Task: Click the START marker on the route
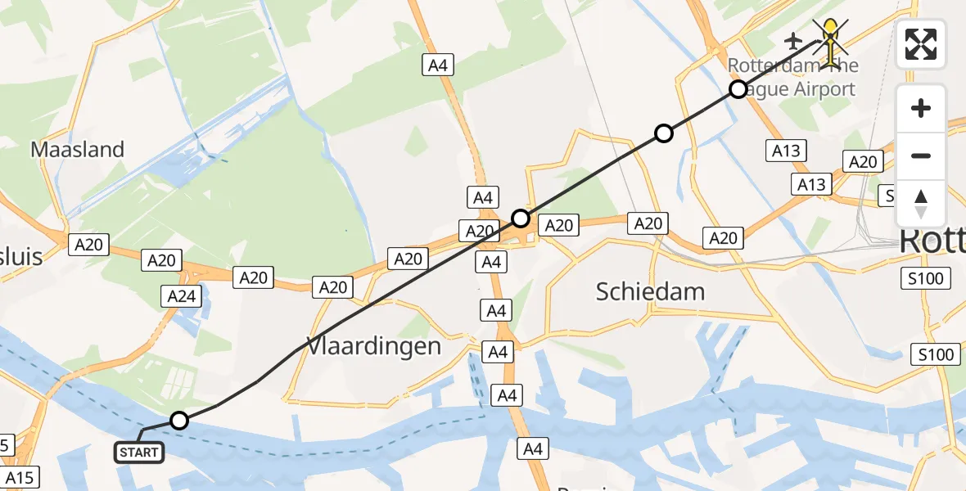coord(139,452)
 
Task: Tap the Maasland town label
coord(77,150)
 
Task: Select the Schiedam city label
coord(650,291)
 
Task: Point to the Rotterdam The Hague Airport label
coord(792,77)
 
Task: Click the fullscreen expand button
coord(921,43)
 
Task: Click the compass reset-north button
coord(921,204)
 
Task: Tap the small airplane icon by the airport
coord(792,39)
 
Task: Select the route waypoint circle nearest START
coord(179,421)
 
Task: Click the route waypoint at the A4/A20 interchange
coord(521,218)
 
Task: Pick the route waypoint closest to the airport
coord(738,89)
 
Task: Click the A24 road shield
coord(181,295)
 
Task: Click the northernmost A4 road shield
coord(438,65)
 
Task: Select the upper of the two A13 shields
coord(785,151)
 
